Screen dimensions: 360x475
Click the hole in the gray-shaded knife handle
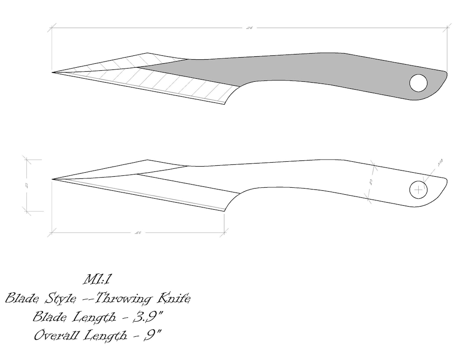[418, 83]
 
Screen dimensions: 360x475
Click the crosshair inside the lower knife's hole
[418, 190]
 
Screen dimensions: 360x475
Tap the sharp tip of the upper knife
[53, 72]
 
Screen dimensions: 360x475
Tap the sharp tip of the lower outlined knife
[53, 179]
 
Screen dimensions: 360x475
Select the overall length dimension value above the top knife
[250, 28]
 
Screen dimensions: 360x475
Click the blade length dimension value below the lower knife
[137, 233]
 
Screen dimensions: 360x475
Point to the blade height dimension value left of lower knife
[27, 185]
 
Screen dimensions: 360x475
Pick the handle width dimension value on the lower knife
[371, 182]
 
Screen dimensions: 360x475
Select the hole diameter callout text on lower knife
[440, 163]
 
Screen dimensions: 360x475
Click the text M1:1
[99, 279]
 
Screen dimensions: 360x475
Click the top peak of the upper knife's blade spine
[148, 53]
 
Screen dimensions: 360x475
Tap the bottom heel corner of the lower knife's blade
[224, 211]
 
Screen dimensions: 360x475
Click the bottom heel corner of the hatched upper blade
[224, 104]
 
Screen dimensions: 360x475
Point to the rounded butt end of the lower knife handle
[446, 182]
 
